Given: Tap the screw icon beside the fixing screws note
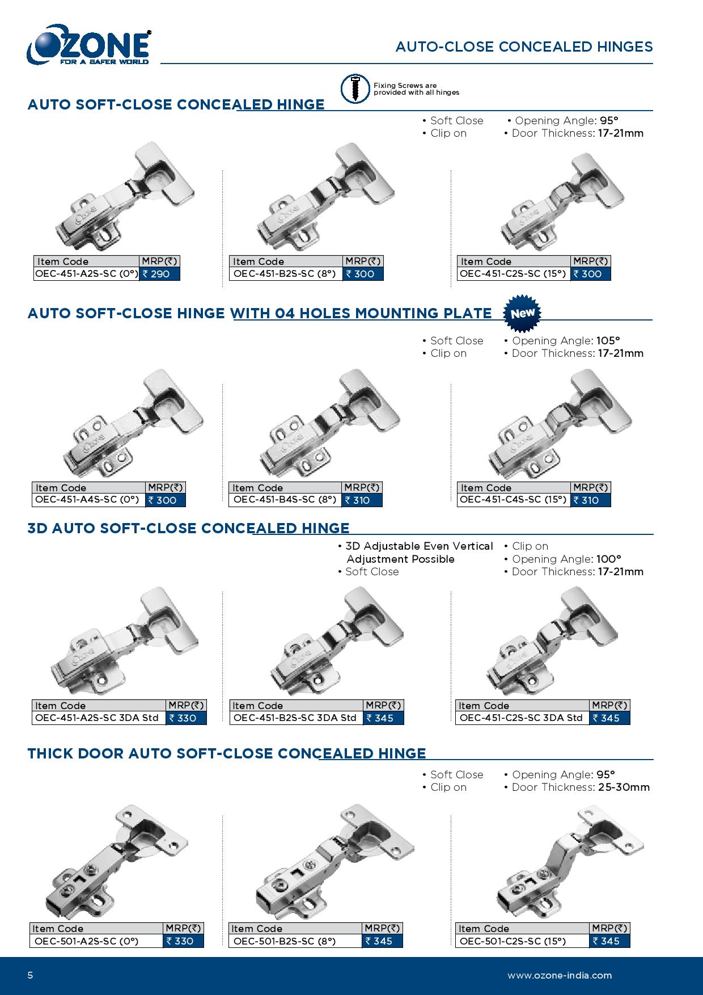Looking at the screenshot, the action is [x=354, y=88].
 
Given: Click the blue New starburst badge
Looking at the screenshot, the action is [x=523, y=313].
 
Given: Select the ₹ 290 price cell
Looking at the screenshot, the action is [x=159, y=274].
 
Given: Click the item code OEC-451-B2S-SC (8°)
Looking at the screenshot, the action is [x=285, y=274].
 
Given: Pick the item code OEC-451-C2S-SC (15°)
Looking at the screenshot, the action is [x=513, y=274].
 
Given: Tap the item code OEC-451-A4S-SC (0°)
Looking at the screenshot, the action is [x=87, y=500].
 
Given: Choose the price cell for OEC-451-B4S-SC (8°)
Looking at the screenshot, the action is [x=362, y=500].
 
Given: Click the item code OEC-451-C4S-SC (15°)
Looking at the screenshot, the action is [x=513, y=500].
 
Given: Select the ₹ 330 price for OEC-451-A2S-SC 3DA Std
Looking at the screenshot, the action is [x=186, y=718].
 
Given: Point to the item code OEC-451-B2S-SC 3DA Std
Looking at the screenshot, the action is [x=295, y=718].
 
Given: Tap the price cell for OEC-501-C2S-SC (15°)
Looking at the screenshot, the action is [x=609, y=941].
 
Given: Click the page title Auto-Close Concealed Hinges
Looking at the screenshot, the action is [x=524, y=47].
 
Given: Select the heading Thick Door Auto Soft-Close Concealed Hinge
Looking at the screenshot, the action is [x=227, y=753].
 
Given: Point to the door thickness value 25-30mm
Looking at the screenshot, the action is [x=624, y=787].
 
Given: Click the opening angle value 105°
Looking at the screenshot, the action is [x=608, y=341].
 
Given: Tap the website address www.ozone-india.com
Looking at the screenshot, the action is [x=560, y=976].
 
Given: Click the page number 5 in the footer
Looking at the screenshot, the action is [x=31, y=976].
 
